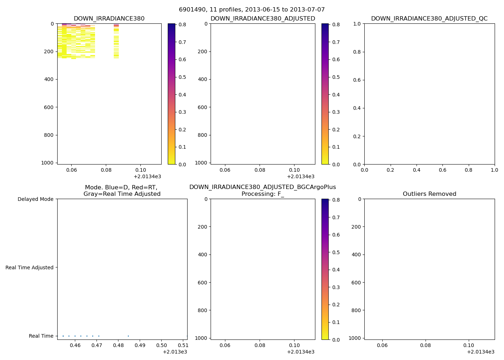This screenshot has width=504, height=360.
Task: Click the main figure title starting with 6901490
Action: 252,10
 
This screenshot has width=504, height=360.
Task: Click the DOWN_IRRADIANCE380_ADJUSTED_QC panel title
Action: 429,19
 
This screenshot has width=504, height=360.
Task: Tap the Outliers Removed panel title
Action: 429,194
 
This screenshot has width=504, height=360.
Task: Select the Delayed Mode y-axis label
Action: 35,199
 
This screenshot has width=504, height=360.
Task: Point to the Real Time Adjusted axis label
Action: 29,267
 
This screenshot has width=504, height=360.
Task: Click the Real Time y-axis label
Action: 41,336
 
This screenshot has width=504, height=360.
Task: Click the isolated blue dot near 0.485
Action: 128,336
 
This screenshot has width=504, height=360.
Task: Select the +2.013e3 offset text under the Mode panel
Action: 175,352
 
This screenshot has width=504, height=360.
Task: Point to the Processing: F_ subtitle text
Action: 262,194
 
